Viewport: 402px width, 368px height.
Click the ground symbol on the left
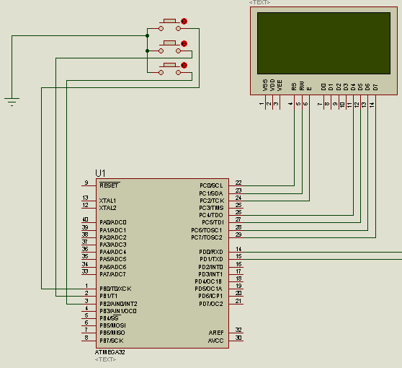12,101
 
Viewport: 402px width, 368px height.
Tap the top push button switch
171,22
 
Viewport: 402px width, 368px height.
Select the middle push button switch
171,44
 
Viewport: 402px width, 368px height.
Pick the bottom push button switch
171,66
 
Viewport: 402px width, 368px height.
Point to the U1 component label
100,173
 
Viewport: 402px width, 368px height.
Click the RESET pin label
109,185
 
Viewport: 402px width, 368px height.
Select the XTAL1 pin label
107,201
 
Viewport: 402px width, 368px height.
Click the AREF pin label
215,331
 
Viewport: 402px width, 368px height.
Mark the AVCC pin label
215,339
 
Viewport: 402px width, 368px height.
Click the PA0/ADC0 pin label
112,222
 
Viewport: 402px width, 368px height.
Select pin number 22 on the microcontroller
238,183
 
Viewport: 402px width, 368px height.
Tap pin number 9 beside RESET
86,183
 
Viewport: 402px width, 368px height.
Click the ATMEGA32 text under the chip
110,351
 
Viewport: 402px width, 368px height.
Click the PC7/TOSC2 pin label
207,237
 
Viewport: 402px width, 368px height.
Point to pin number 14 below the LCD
372,105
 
